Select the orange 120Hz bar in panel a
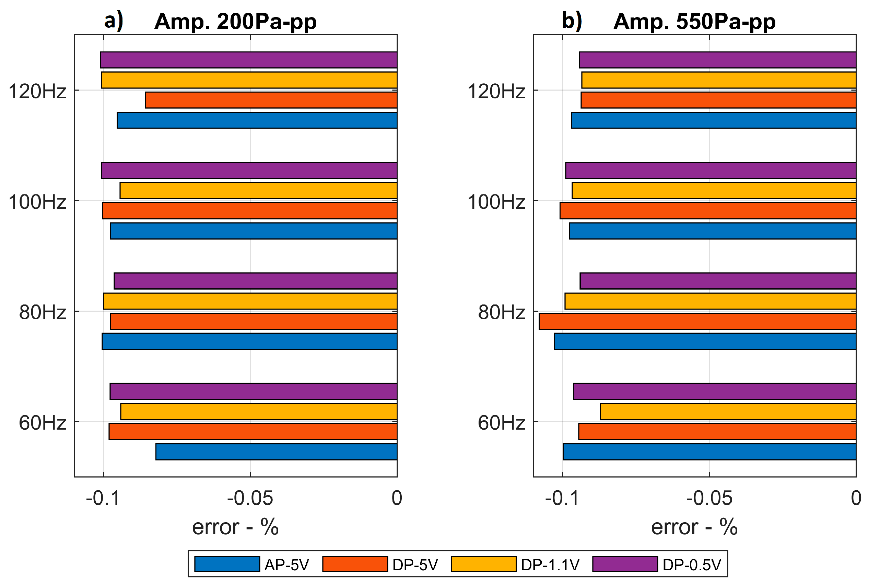pos(271,100)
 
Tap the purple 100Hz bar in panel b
pos(711,170)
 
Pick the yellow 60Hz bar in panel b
pos(728,411)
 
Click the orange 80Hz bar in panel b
pos(697,321)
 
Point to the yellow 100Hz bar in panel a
pos(258,191)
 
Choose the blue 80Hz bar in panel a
pos(249,341)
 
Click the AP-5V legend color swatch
pos(227,564)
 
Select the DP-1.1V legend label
pos(550,565)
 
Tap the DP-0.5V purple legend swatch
pos(625,564)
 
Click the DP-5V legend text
pos(415,565)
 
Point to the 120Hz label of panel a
pos(37,91)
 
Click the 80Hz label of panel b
pos(502,312)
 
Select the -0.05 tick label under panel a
pos(250,498)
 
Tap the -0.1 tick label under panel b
pos(562,498)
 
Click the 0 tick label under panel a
pos(397,498)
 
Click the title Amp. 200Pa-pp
pos(235,21)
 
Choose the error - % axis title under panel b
pos(694,527)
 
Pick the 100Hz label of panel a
pos(37,202)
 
